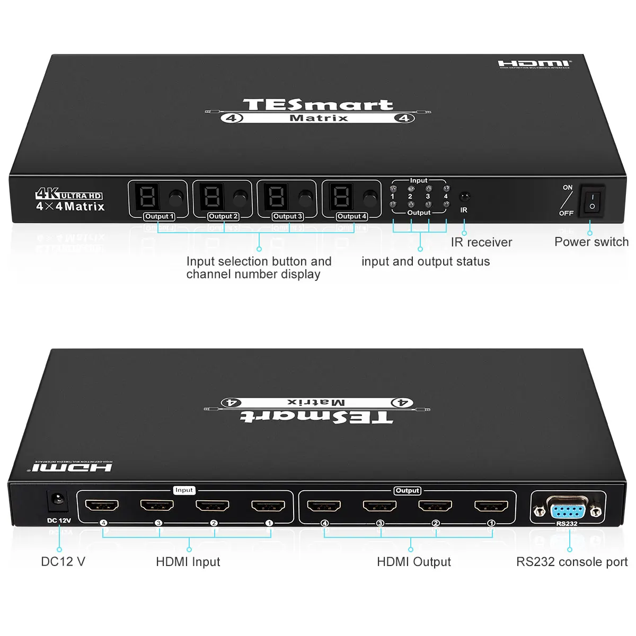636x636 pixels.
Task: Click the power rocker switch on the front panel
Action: (593, 200)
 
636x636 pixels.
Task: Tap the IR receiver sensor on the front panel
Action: (464, 197)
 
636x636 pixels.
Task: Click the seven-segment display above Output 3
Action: (276, 197)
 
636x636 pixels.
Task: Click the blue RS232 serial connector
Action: (568, 511)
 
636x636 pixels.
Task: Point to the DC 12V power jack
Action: (57, 500)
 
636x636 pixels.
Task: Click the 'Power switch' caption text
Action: (591, 242)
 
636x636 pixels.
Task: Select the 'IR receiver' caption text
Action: (481, 243)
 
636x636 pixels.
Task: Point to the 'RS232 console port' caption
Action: (572, 562)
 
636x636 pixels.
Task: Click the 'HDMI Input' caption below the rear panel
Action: (188, 562)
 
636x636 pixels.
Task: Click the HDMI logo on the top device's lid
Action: (534, 64)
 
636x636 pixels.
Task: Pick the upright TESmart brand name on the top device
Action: (318, 104)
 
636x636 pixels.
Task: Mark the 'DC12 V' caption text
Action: (63, 562)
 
